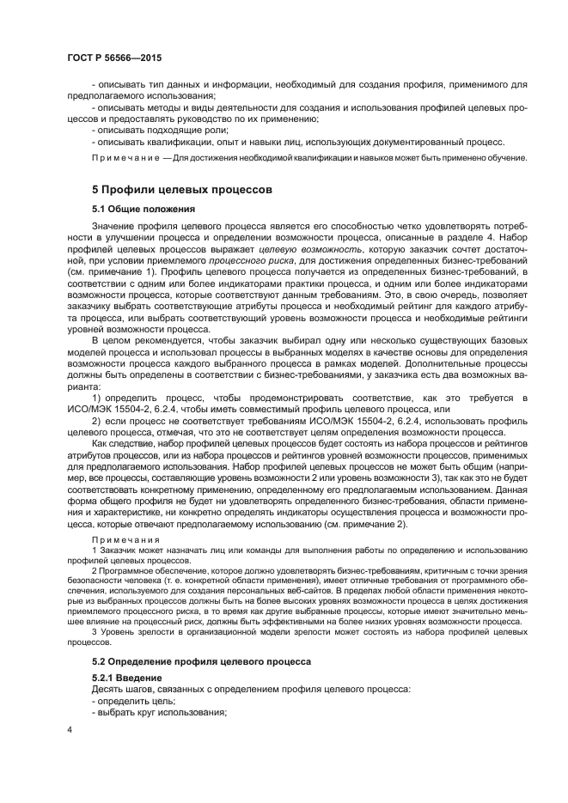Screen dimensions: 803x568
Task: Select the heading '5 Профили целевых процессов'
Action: click(x=182, y=189)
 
